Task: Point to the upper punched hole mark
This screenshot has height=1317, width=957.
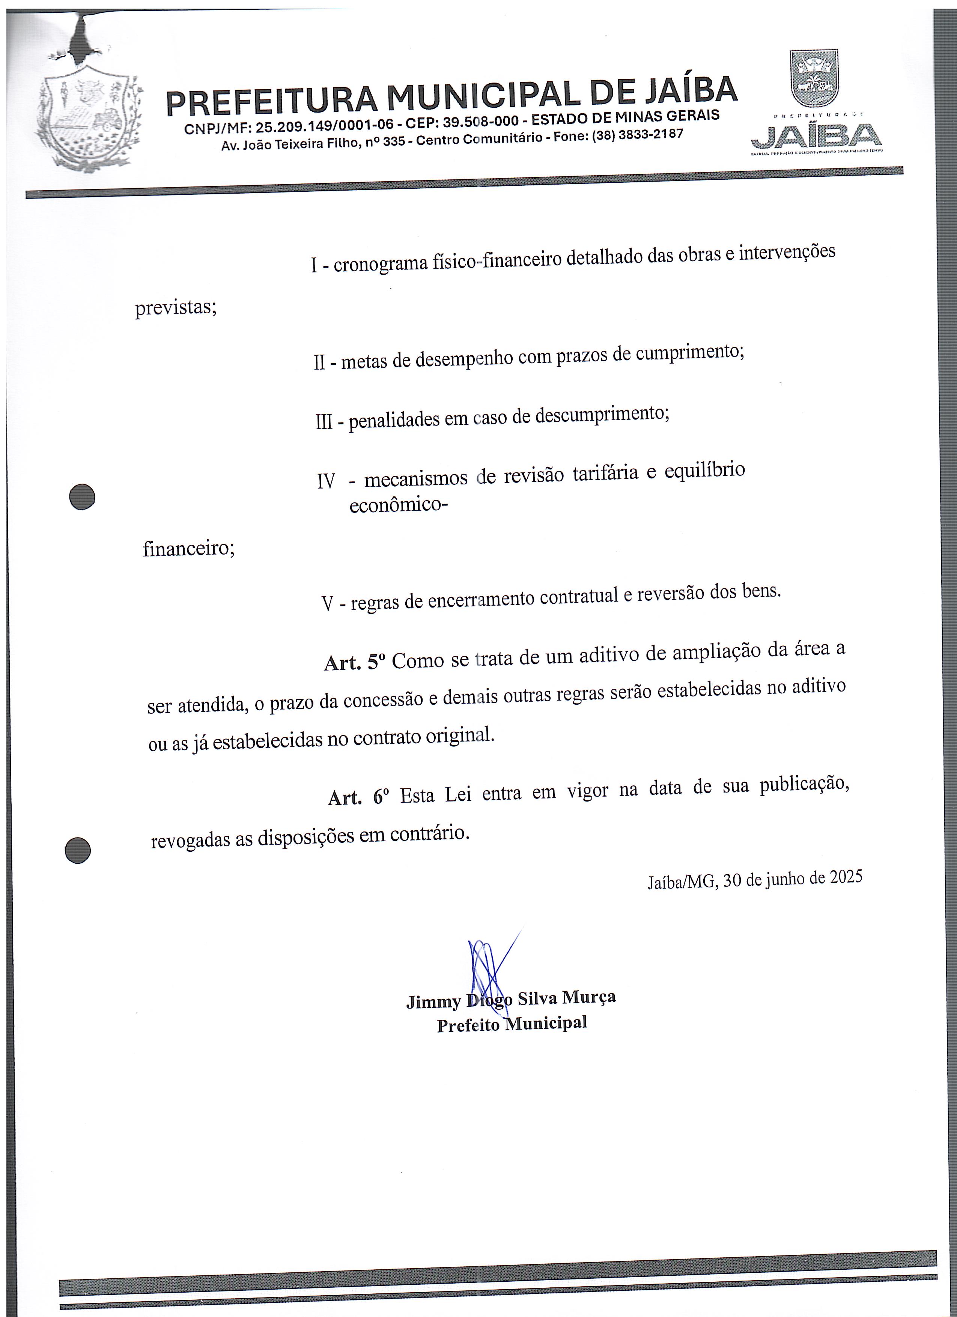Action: pos(82,497)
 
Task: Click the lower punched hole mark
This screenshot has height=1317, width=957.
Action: pos(78,851)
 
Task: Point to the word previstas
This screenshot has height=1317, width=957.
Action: pos(175,307)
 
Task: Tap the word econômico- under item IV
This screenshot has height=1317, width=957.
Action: pos(398,505)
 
